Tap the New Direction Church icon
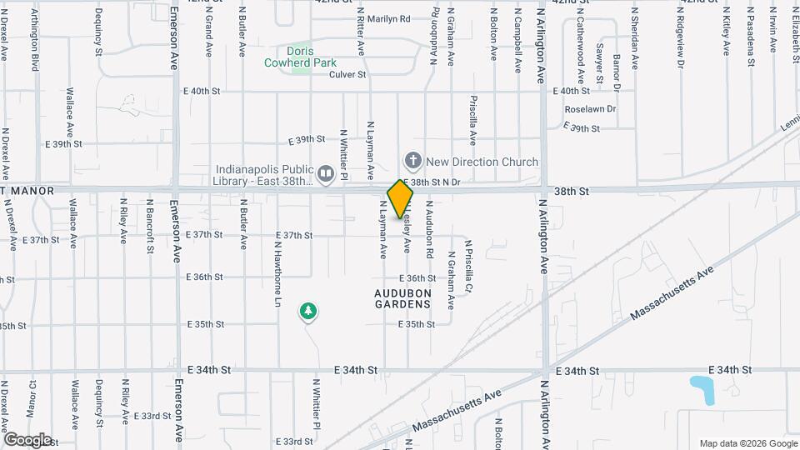click(x=412, y=160)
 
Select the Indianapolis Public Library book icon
click(x=326, y=174)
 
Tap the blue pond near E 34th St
click(x=703, y=390)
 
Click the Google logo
click(x=27, y=439)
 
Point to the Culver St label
click(x=347, y=74)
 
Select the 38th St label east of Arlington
click(x=572, y=191)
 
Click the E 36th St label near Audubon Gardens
click(x=417, y=278)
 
